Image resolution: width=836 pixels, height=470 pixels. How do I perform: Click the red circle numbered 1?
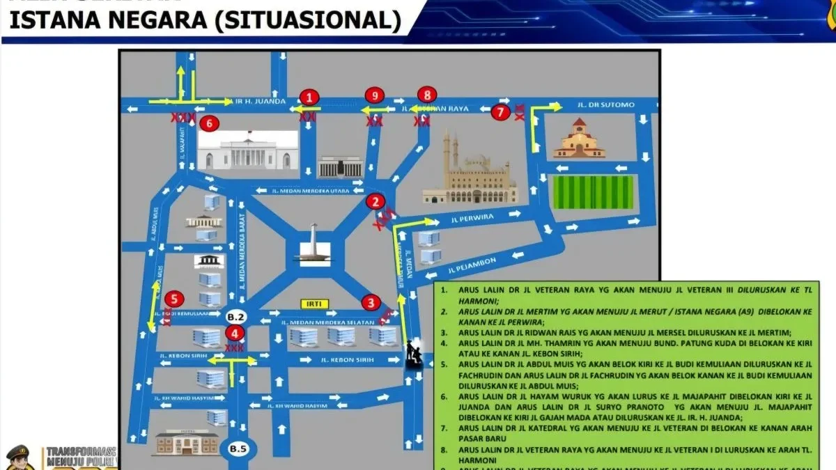(x=309, y=97)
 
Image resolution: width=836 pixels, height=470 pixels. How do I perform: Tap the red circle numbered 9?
(x=375, y=95)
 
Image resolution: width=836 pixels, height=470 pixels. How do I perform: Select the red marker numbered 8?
(x=427, y=95)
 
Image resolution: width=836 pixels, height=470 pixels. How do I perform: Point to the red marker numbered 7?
(x=500, y=111)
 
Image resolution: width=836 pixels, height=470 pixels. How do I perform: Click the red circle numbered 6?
(x=209, y=124)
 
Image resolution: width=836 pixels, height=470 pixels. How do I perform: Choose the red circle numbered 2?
(x=376, y=202)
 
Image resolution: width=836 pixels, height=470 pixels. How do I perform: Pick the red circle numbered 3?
(x=371, y=302)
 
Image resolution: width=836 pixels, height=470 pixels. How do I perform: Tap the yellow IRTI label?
(x=313, y=304)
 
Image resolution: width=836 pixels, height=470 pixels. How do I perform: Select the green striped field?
(x=593, y=192)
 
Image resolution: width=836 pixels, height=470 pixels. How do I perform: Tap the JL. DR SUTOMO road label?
(x=606, y=105)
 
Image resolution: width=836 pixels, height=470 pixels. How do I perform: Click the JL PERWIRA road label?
(x=472, y=217)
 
